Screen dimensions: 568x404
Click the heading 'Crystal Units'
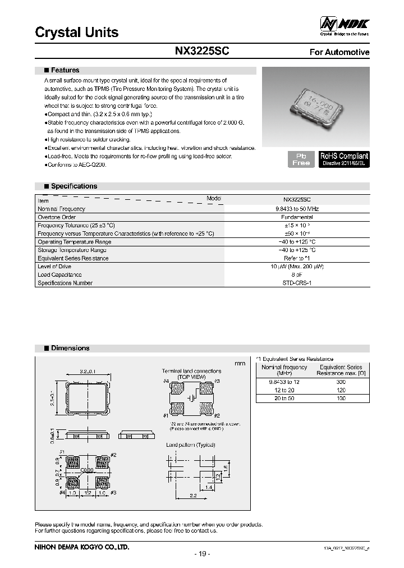click(77, 33)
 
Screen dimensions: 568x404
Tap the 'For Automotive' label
click(339, 52)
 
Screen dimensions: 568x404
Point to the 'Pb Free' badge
click(300, 159)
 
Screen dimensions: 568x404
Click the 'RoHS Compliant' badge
click(344, 159)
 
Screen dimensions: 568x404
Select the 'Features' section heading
click(65, 71)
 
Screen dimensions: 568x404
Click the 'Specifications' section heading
click(74, 186)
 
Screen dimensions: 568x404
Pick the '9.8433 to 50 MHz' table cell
click(297, 209)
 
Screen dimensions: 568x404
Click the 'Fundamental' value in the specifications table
click(297, 217)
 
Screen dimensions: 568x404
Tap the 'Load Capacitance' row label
click(59, 275)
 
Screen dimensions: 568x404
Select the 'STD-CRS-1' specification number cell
click(297, 283)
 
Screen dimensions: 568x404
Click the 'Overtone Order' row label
click(57, 217)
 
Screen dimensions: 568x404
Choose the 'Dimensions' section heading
click(70, 349)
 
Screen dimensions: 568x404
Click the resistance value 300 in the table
click(341, 382)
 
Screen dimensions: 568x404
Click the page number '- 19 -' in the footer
click(201, 554)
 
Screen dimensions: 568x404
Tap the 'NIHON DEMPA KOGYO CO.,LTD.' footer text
click(82, 546)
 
